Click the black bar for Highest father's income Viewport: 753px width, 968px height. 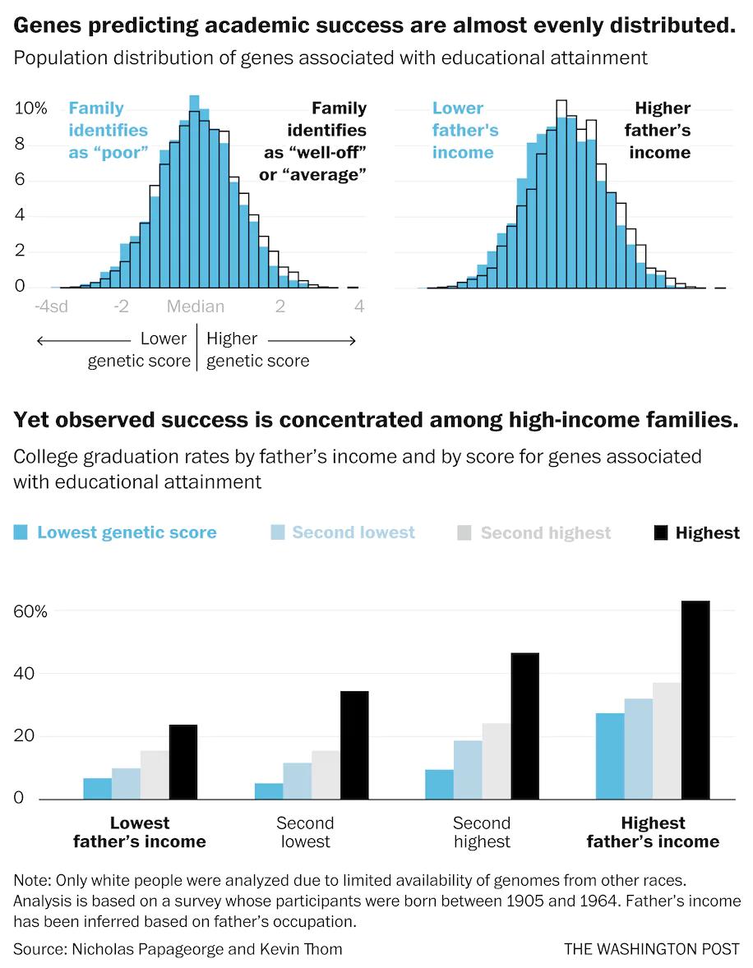click(x=695, y=700)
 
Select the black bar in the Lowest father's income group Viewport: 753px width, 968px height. click(x=183, y=762)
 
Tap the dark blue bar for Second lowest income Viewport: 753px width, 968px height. click(x=269, y=791)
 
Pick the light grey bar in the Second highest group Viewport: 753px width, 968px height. click(x=496, y=761)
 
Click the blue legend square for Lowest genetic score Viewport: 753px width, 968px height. click(x=21, y=532)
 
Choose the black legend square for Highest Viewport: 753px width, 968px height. click(x=660, y=532)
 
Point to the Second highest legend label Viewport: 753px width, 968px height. click(x=546, y=533)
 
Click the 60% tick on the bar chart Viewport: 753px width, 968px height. click(x=30, y=611)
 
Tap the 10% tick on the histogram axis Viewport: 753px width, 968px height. click(x=31, y=108)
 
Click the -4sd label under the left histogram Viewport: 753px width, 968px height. click(x=52, y=307)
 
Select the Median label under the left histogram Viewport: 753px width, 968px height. click(x=196, y=307)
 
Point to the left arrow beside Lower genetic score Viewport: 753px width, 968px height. click(x=82, y=340)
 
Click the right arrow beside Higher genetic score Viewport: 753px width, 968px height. click(x=312, y=340)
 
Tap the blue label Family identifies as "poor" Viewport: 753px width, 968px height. click(x=109, y=130)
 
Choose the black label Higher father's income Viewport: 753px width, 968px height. click(x=658, y=130)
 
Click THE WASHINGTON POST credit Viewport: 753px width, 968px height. click(x=651, y=949)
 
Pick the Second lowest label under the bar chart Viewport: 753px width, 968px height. click(x=305, y=832)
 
